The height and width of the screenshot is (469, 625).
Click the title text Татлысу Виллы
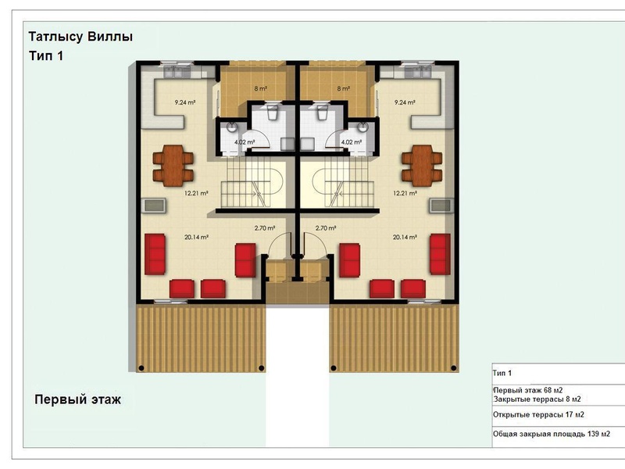[80, 37]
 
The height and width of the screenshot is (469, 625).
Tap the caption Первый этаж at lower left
[77, 399]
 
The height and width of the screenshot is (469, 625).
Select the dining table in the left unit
[173, 166]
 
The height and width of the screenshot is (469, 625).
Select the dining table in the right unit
[422, 166]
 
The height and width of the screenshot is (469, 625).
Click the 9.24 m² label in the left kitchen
[185, 102]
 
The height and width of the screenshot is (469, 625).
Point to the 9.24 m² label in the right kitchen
[405, 102]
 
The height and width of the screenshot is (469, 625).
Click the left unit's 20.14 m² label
[197, 238]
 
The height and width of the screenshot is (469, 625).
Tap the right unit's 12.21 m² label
[405, 193]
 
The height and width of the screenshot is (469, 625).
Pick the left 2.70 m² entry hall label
[265, 228]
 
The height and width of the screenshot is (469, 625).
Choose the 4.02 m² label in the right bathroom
[351, 142]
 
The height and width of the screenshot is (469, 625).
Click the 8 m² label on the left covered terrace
[261, 88]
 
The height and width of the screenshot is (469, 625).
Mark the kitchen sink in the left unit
[178, 72]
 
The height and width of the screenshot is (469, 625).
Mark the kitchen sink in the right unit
[417, 72]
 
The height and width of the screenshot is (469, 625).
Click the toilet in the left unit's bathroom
[273, 112]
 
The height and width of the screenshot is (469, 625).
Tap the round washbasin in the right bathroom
[362, 127]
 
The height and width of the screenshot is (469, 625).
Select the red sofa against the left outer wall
[155, 254]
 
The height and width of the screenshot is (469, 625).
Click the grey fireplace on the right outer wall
[441, 206]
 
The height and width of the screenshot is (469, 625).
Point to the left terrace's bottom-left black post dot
[141, 367]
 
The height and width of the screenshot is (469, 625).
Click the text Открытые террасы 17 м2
[538, 415]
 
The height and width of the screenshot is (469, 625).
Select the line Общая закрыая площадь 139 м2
[552, 434]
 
